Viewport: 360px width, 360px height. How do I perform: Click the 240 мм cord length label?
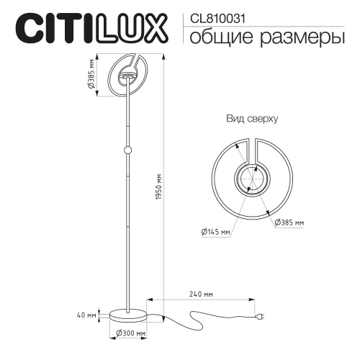click(x=202, y=294)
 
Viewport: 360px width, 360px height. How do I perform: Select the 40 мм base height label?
click(x=86, y=315)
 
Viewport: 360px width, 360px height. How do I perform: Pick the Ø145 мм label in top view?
click(x=216, y=232)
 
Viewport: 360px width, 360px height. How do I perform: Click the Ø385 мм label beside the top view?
click(x=289, y=223)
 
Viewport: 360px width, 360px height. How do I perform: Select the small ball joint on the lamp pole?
click(x=128, y=150)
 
